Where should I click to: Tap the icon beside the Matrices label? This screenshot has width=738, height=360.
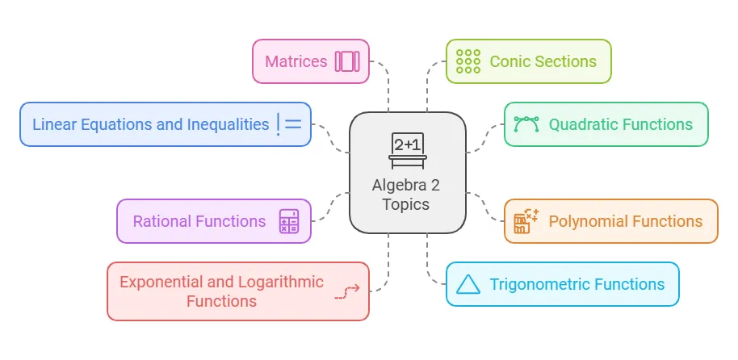pos(348,61)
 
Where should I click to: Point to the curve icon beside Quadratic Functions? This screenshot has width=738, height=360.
pos(526,124)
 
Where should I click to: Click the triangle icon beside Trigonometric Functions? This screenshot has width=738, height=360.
pos(468,284)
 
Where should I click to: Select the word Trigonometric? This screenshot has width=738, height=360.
pos(540,284)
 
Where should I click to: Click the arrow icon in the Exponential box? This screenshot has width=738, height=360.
pos(346,292)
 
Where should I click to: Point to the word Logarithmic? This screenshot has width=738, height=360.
pos(281,282)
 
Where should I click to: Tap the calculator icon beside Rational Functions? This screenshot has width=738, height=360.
pos(289,221)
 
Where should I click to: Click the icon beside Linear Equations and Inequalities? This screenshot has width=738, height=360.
pos(288,124)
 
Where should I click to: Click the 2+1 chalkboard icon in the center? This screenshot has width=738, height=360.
pos(408,149)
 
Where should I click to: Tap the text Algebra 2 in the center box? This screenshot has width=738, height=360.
pos(407,185)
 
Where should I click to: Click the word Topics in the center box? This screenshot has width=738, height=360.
pos(407,204)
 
